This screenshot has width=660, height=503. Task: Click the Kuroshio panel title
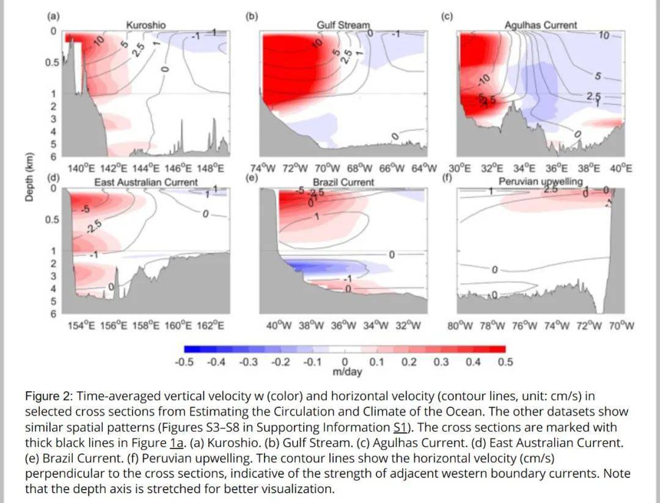pyautogui.click(x=145, y=25)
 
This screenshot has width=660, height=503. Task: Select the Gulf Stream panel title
pyautogui.click(x=343, y=25)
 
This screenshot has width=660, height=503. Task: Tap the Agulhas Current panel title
pyautogui.click(x=540, y=25)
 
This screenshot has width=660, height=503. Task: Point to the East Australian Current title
pyautogui.click(x=145, y=182)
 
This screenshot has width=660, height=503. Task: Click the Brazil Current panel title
pyautogui.click(x=343, y=182)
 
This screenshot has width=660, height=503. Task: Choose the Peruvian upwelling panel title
pyautogui.click(x=540, y=182)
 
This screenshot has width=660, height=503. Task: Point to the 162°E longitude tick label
pyautogui.click(x=209, y=325)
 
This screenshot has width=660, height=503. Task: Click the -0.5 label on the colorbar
pyautogui.click(x=184, y=362)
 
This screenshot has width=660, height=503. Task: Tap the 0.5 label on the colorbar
pyautogui.click(x=505, y=362)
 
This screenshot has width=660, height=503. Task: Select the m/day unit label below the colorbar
pyautogui.click(x=346, y=372)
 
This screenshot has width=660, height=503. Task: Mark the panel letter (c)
pyautogui.click(x=447, y=16)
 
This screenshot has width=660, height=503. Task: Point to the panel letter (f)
pyautogui.click(x=447, y=178)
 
